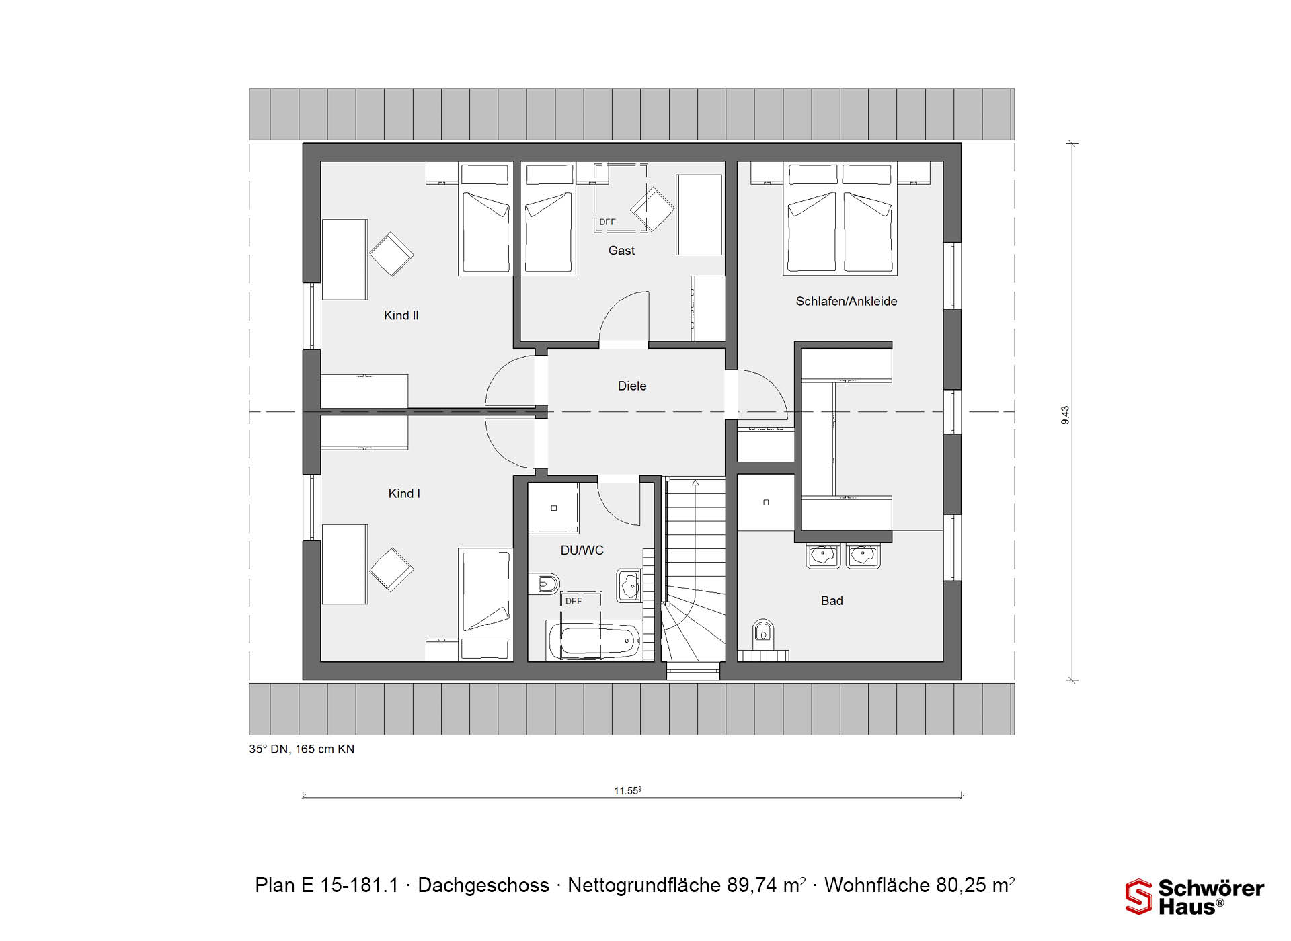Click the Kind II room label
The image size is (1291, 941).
(401, 315)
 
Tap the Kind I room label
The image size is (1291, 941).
(404, 493)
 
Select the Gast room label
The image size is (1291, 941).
(621, 251)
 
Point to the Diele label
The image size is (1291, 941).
(632, 386)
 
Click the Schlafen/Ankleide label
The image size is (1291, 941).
(847, 301)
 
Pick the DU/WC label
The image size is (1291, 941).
(582, 550)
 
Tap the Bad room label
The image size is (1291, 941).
(832, 600)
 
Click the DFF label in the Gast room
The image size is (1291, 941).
(607, 222)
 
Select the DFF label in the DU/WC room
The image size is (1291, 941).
(574, 601)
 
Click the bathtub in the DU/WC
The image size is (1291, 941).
(593, 640)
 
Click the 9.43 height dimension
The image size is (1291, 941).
(1065, 415)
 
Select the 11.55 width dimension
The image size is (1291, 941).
(628, 791)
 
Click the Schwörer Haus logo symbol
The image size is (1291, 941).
(1139, 897)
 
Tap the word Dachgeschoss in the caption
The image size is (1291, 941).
(483, 885)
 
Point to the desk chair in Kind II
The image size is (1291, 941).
(391, 254)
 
